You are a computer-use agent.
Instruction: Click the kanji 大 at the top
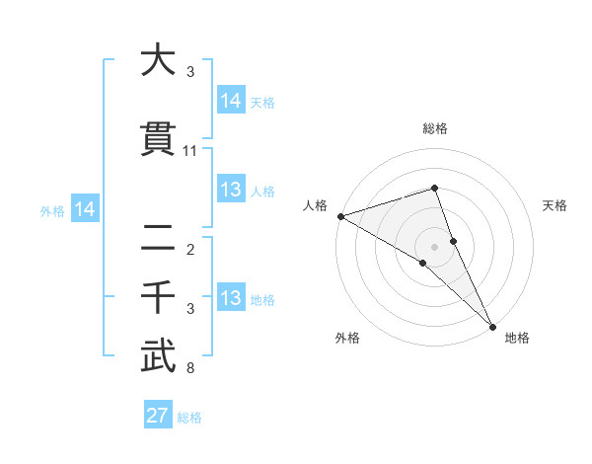158,61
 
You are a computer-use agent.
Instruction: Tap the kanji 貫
158,142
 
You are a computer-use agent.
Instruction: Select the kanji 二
158,238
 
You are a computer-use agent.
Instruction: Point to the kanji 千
158,297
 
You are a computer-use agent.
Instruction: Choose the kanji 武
158,358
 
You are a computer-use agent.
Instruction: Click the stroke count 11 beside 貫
190,151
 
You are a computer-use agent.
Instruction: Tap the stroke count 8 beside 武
190,369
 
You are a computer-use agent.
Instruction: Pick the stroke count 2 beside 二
190,249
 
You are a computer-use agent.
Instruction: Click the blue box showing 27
158,416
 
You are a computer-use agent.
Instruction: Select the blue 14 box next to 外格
84,209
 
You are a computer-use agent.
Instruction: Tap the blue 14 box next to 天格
231,101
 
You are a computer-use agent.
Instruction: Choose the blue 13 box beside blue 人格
231,190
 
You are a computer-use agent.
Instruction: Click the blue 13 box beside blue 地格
231,298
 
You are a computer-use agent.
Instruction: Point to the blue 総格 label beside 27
189,418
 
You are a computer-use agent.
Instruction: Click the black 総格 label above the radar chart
435,128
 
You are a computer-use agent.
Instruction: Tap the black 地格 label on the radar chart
517,338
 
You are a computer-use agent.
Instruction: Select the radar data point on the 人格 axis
339,215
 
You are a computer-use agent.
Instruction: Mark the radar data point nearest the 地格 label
491,325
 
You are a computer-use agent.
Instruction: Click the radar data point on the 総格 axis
435,188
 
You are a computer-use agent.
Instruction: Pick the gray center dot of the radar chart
435,246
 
